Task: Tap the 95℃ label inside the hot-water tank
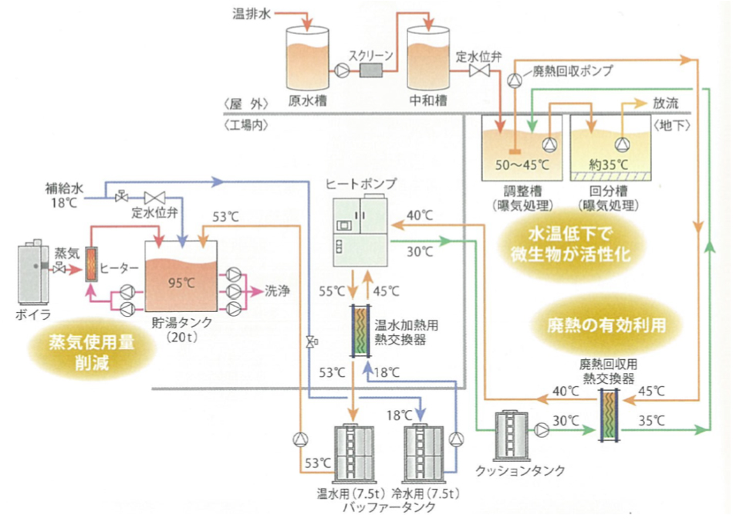click(x=180, y=282)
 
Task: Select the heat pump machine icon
click(x=361, y=229)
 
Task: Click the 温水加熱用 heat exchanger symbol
click(x=362, y=330)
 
